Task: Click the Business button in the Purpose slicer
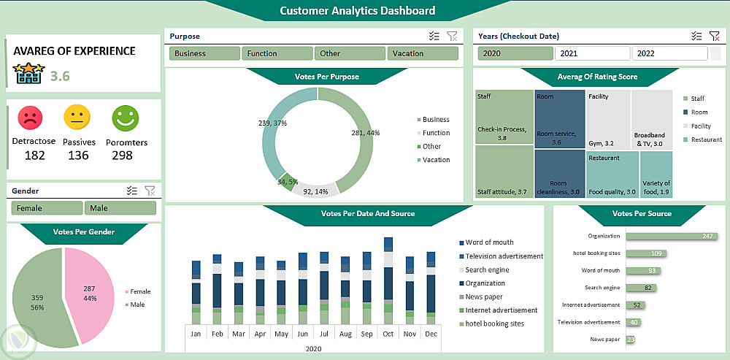[204, 53]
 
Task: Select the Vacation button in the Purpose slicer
[423, 53]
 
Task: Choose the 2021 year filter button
[592, 53]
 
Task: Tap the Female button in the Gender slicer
[47, 208]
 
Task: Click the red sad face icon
[30, 116]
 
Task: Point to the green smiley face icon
[125, 116]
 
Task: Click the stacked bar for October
[388, 281]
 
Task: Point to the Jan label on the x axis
[196, 333]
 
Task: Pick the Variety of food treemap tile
[656, 175]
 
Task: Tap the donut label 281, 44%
[366, 133]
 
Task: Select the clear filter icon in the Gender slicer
[150, 191]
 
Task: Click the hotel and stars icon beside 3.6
[28, 73]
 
